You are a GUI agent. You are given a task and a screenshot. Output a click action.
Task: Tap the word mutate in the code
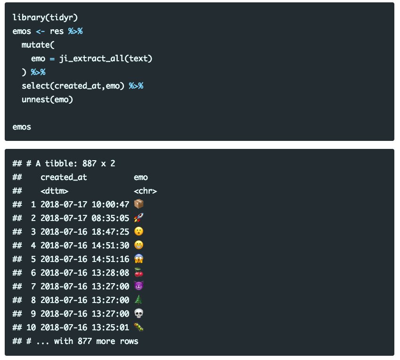click(35, 45)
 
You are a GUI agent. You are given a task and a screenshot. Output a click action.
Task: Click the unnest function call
click(35, 99)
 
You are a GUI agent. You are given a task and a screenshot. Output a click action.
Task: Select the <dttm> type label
click(54, 191)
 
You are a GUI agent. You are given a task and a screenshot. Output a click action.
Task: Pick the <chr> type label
click(145, 191)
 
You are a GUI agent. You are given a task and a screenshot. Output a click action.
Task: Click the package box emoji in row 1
click(139, 205)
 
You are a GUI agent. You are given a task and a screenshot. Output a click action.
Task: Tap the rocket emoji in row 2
click(139, 218)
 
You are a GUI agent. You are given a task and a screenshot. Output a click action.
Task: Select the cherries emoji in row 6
click(139, 272)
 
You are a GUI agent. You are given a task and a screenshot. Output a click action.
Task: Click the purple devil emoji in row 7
click(139, 286)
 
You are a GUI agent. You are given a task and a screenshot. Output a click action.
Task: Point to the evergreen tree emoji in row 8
click(139, 300)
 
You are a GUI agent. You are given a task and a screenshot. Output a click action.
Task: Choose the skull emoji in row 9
click(139, 313)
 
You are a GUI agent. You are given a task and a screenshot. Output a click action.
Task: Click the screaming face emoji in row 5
click(139, 259)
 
